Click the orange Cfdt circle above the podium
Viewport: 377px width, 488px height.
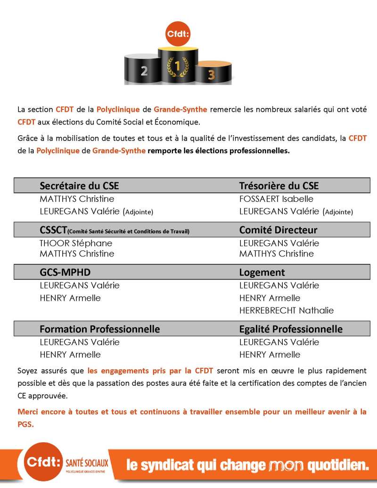[x=177, y=34]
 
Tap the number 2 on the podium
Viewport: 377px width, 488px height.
[x=144, y=71]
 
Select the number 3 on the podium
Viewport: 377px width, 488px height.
[x=212, y=74]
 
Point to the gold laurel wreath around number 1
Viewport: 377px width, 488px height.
[x=178, y=66]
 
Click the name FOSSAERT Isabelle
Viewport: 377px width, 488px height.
[x=276, y=199]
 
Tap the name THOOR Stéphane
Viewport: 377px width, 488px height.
[x=76, y=243]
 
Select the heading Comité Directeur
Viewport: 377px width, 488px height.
[x=278, y=230]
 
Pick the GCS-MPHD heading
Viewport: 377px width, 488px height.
[x=65, y=273]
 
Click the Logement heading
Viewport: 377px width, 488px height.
[x=262, y=273]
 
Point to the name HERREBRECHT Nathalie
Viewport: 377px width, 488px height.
[x=286, y=310]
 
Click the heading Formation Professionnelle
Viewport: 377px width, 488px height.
[x=99, y=329]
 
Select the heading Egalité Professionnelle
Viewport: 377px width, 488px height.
[x=291, y=329]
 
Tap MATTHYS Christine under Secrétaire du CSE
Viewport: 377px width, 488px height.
[x=77, y=199]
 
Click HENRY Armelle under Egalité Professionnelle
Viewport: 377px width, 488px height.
[x=270, y=355]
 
